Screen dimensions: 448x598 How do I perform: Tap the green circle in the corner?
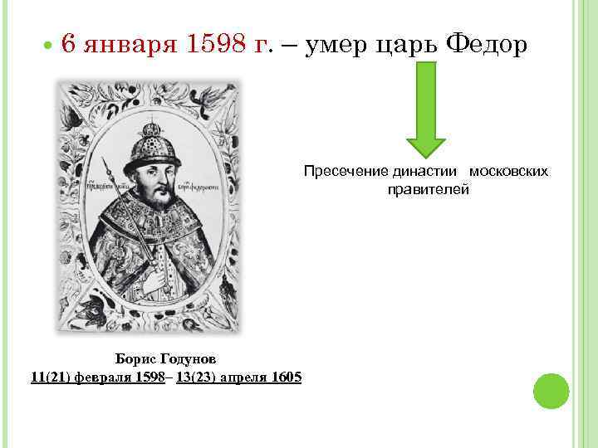[550, 390]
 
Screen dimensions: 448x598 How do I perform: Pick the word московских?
[508, 171]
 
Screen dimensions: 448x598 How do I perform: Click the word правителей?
[428, 189]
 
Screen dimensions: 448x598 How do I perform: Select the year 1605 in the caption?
[285, 377]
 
